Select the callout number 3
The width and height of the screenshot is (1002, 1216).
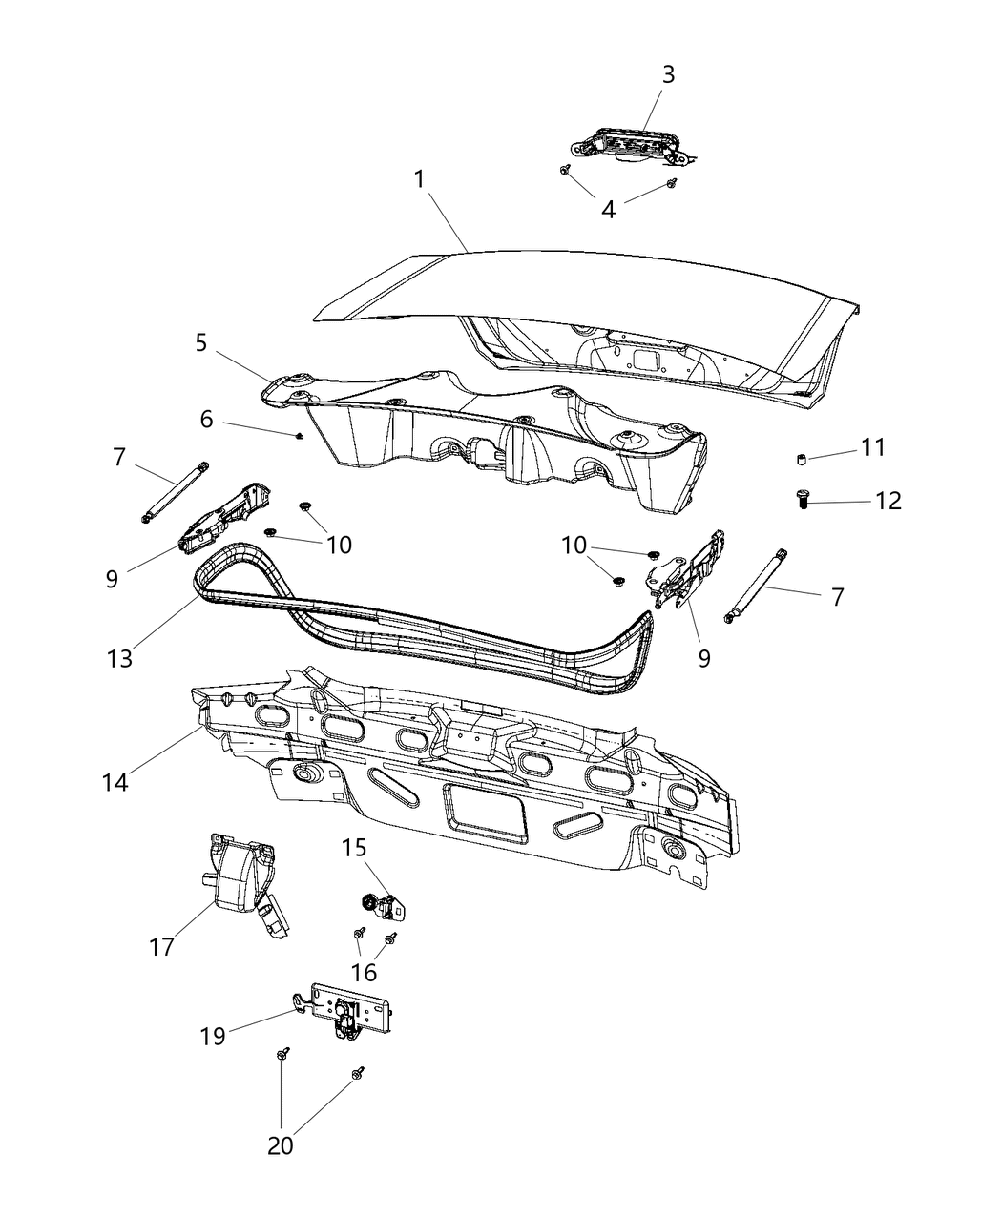click(x=668, y=74)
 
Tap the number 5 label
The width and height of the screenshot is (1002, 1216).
click(x=201, y=343)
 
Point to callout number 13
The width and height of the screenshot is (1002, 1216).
click(x=120, y=658)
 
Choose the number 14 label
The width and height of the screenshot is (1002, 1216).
click(x=115, y=782)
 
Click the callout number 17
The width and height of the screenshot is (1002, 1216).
click(x=161, y=946)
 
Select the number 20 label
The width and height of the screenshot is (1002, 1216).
click(x=281, y=1145)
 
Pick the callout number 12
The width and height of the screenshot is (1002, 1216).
click(x=887, y=501)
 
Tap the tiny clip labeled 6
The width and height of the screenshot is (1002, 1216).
click(x=300, y=436)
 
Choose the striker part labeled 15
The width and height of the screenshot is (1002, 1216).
click(x=382, y=905)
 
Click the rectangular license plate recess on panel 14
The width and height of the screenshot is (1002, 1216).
click(x=486, y=813)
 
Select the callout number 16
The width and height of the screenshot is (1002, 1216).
click(x=365, y=973)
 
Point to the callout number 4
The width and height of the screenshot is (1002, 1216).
click(x=608, y=209)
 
